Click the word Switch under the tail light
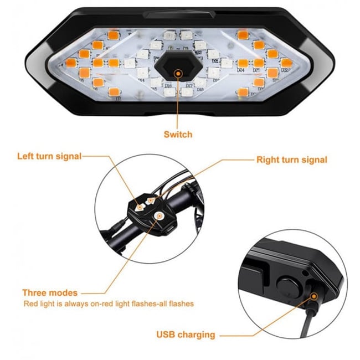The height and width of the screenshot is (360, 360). (x=178, y=134)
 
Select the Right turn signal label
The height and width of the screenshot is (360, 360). (x=292, y=160)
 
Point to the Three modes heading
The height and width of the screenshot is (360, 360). (x=50, y=292)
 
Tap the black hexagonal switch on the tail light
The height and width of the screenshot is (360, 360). (x=178, y=71)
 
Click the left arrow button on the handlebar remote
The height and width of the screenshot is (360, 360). (x=140, y=205)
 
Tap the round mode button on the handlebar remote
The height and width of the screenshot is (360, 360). (x=159, y=217)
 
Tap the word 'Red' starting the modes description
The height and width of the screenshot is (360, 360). (x=30, y=304)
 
